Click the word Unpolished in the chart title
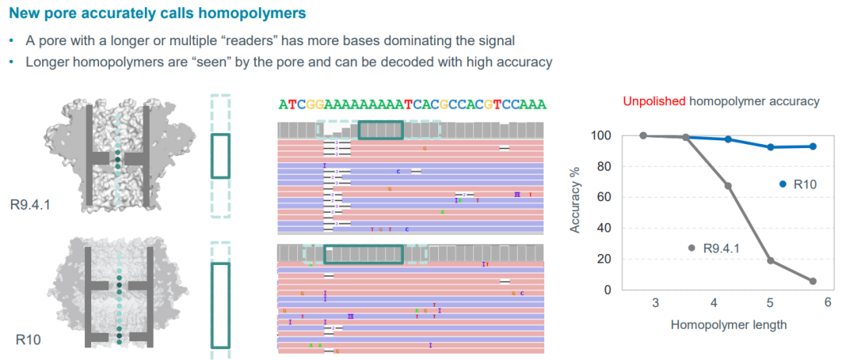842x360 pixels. (x=654, y=101)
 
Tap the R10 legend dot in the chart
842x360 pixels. (x=782, y=184)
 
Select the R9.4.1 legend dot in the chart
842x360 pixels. (x=691, y=248)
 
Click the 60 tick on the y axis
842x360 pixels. (x=606, y=197)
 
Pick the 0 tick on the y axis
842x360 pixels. (x=609, y=290)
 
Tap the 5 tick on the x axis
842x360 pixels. (x=770, y=303)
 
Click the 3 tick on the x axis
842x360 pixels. (x=655, y=303)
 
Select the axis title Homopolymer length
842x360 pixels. (x=728, y=324)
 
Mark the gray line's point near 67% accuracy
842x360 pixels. (x=728, y=185)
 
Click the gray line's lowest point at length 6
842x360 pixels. (x=812, y=281)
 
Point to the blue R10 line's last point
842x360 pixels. (x=812, y=146)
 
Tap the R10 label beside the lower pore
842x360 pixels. (x=28, y=340)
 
